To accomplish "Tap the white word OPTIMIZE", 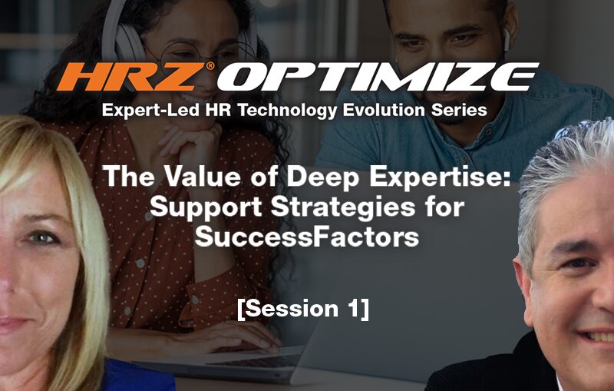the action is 378,77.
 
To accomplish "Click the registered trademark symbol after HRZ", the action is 210,66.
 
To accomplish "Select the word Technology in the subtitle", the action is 287,111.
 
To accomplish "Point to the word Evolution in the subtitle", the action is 385,110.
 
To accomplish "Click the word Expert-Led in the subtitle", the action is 151,111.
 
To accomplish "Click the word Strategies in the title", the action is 342,207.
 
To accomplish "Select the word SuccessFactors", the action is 306,237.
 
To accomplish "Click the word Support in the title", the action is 206,208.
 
